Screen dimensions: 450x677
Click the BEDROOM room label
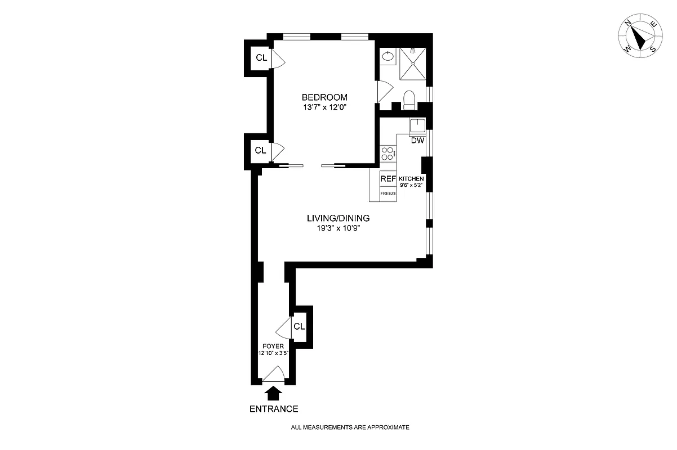324,97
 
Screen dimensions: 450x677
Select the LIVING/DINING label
338,218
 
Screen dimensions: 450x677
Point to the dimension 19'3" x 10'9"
338,228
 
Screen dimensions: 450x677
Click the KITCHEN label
411,178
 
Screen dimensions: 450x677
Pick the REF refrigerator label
388,179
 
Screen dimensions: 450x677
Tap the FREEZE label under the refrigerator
388,193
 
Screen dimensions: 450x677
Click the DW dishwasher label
417,141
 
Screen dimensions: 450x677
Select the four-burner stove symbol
388,153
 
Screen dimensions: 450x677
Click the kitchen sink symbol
417,125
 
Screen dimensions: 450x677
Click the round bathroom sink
388,56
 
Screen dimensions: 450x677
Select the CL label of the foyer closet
299,326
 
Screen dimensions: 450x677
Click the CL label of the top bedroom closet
261,57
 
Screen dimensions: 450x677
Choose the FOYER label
273,346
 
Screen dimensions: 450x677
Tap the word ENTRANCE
274,409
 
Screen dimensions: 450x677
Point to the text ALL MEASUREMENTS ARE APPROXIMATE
350,427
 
